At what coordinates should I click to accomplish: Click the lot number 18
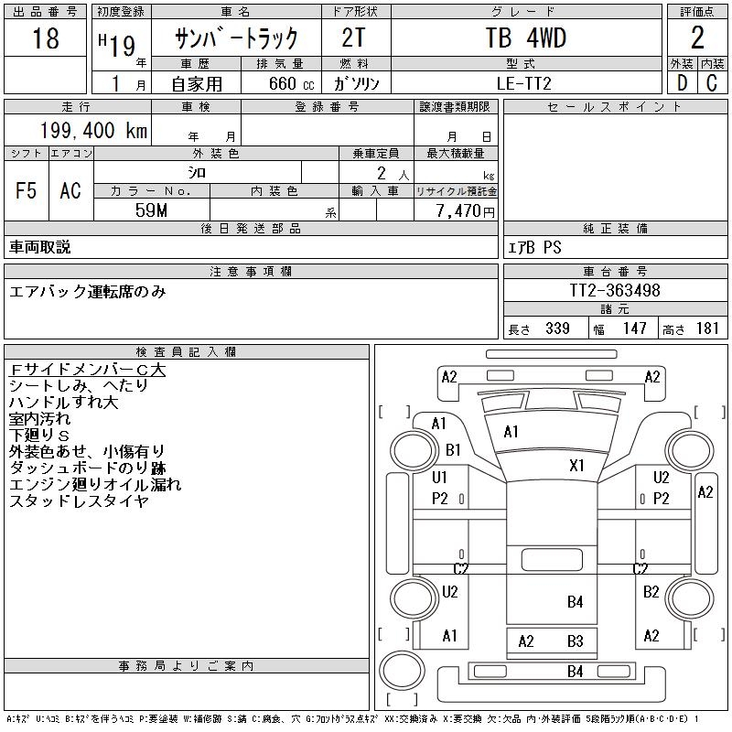click(x=45, y=39)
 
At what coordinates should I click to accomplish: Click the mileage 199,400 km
click(x=92, y=131)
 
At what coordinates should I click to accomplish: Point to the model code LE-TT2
click(x=525, y=83)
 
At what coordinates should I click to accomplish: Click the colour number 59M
click(x=151, y=210)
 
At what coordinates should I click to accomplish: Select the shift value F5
click(x=27, y=190)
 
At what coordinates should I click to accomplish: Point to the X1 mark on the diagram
click(x=576, y=466)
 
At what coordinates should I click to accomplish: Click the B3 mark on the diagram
click(x=575, y=641)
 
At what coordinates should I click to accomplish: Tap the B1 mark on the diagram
click(x=454, y=450)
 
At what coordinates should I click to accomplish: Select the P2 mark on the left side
click(x=440, y=499)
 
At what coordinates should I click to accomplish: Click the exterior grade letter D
click(x=680, y=83)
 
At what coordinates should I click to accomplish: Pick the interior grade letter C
click(x=711, y=83)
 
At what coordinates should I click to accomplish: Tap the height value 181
click(x=707, y=328)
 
